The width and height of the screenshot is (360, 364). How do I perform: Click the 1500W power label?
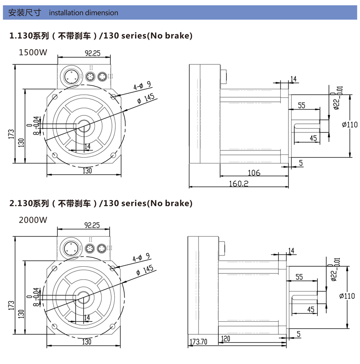32,52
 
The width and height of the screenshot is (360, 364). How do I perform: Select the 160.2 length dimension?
238,183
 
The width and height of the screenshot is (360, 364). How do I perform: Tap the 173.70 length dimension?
198,342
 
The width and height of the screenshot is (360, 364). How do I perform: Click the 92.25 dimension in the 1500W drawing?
92,53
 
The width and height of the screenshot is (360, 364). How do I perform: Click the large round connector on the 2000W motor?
71,248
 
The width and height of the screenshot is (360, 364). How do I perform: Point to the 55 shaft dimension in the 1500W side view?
301,105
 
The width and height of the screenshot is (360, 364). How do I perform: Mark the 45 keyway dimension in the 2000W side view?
310,309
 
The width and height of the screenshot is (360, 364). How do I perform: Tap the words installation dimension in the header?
84,13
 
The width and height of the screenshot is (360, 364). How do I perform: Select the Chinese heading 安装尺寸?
26,13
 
